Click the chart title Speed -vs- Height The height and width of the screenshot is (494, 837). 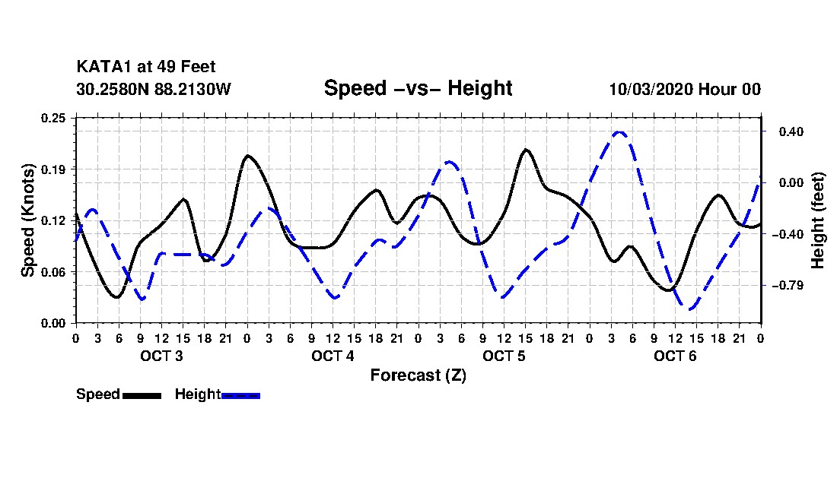click(x=418, y=88)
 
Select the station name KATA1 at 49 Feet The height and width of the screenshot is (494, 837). click(x=146, y=68)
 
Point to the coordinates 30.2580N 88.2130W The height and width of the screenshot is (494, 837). click(x=153, y=89)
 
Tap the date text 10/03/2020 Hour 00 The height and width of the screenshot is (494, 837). click(x=685, y=89)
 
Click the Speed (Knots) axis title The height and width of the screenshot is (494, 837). click(x=27, y=220)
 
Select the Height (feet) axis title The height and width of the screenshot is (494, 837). click(x=819, y=220)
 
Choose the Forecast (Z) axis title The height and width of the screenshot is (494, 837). click(x=418, y=375)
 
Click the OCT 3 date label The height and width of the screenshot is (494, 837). click(x=161, y=356)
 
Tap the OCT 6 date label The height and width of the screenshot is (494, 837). click(x=675, y=356)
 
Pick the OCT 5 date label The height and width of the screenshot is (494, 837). click(x=504, y=356)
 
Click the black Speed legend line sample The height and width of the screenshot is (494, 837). click(x=142, y=395)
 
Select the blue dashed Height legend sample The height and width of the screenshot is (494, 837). click(x=240, y=395)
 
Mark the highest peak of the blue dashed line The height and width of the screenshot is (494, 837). click(x=619, y=132)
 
